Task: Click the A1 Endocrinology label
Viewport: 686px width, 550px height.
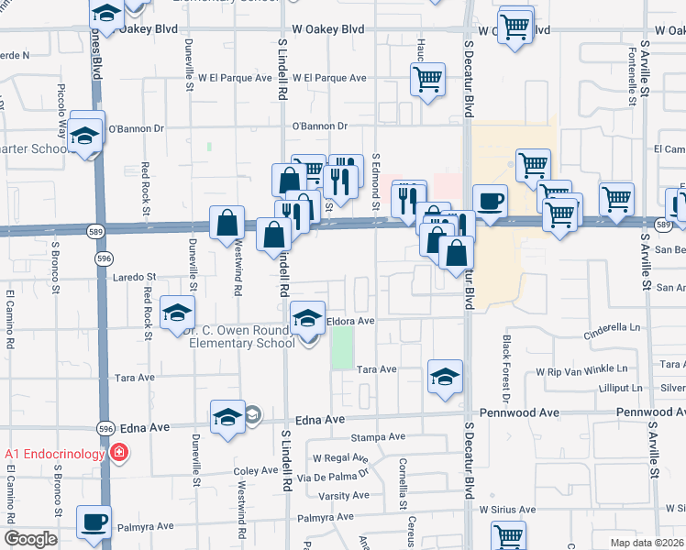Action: coord(55,453)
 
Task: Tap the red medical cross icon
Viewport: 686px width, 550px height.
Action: coord(118,453)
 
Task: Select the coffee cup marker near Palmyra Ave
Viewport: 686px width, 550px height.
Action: coord(94,523)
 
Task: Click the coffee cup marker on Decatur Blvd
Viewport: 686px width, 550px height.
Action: coord(490,202)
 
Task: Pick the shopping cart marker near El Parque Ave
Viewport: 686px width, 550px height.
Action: coord(427,81)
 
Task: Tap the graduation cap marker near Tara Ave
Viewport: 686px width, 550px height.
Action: coord(446,377)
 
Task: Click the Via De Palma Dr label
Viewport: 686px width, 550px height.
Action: coord(338,475)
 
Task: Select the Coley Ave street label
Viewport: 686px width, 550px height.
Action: coord(255,470)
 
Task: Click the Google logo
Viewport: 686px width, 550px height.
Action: coord(30,539)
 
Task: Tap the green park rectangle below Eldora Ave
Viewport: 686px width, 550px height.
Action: coord(342,347)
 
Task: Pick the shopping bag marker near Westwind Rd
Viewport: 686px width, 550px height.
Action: coord(227,223)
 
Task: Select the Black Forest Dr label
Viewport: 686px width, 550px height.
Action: coord(505,369)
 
